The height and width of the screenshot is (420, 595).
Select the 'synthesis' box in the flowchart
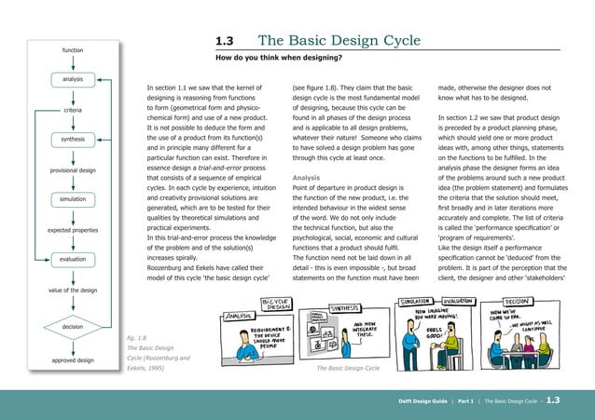73,140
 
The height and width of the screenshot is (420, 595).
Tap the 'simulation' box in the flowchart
73,199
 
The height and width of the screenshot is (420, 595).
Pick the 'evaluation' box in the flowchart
73,259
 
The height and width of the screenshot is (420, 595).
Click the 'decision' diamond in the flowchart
73,327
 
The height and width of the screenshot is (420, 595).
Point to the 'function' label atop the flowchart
73,49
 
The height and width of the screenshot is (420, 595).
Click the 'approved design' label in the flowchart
72,359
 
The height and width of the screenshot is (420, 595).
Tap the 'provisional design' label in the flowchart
72,169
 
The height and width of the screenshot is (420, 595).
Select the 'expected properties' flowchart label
73,229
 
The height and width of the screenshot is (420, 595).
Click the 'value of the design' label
72,291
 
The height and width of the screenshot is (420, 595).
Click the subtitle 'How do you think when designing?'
277,58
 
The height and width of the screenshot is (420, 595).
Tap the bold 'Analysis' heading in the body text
307,176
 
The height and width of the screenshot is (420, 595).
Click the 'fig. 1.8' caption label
136,338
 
